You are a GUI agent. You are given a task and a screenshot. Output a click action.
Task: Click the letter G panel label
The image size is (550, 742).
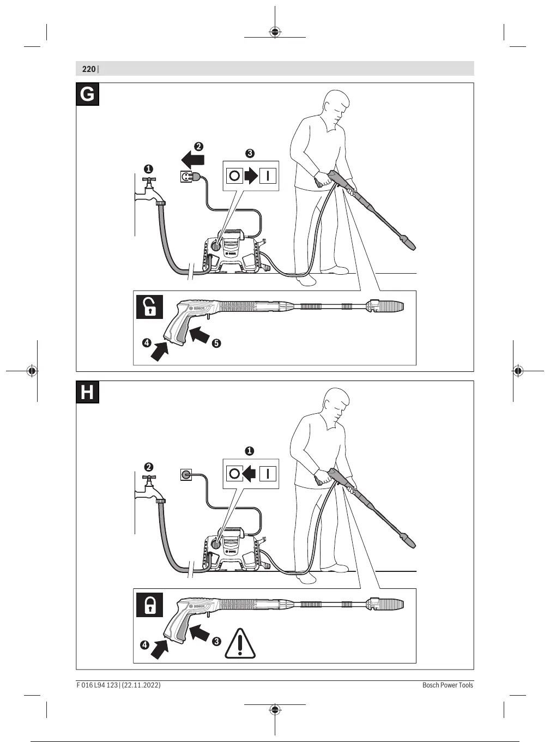pos(87,94)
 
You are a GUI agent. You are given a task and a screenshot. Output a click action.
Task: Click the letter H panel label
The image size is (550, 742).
pos(87,392)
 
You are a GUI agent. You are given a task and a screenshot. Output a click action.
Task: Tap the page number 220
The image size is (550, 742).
pos(88,69)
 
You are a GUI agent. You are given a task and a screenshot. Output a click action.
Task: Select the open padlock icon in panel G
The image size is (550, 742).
pos(149,307)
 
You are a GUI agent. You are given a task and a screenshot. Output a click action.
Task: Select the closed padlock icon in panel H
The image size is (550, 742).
pos(149,605)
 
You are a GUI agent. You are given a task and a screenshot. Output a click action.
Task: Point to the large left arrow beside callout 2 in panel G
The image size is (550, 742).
pos(192,160)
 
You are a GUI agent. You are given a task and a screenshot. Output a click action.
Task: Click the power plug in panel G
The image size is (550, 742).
pos(188,176)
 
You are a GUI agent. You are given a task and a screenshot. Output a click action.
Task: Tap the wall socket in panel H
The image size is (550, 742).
pos(186,474)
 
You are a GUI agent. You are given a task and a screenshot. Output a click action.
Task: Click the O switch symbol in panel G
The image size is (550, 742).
pos(234,176)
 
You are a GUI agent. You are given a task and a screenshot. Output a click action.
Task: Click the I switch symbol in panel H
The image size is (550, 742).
pos(268,474)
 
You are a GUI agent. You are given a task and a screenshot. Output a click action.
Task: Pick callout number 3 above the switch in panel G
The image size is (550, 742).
pos(250,153)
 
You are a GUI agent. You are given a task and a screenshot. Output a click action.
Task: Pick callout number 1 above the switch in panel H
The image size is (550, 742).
pos(249,451)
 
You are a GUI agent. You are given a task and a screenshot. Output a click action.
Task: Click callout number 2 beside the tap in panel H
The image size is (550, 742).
pos(148,467)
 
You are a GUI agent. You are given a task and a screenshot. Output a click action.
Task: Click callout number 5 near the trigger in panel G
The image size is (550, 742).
pos(216,343)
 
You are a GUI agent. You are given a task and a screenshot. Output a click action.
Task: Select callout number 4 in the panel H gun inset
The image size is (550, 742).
pos(144,645)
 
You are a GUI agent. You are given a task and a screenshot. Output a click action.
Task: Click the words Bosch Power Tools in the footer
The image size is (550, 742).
pos(448,685)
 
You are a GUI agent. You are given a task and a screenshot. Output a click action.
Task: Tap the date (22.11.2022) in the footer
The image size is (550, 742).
pos(141,685)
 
